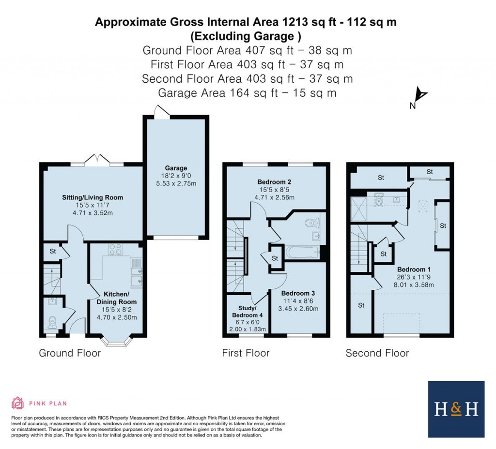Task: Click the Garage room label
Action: coord(175,168)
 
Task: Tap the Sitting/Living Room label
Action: coord(92,197)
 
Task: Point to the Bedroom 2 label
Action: coord(274,182)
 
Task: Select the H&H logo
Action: coord(456,409)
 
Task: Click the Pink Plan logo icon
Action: coord(17,403)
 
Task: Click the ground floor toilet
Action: coord(53,322)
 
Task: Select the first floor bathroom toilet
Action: coord(312,223)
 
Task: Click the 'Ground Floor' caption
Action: coord(70,353)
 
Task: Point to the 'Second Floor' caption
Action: coord(377,353)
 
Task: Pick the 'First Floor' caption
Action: coord(246,353)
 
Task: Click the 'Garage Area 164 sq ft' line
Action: coord(248,93)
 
